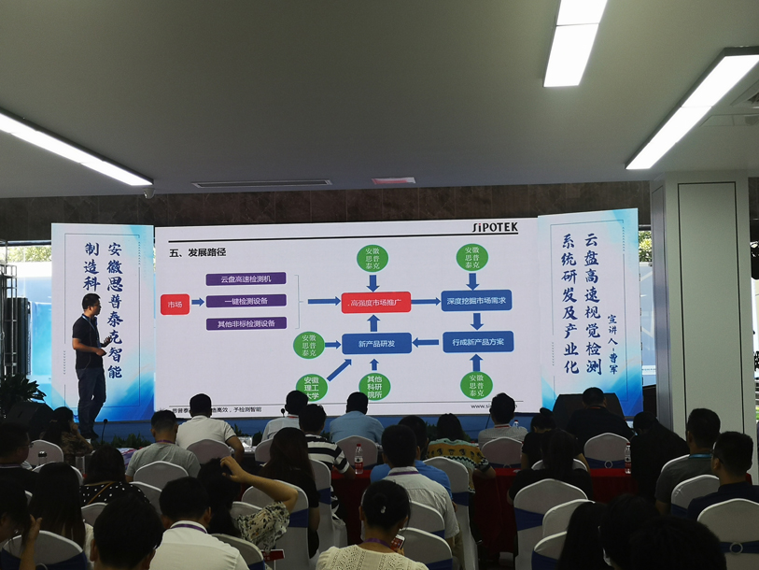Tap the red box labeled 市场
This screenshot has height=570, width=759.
tap(174, 304)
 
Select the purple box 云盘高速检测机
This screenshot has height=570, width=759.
tap(246, 278)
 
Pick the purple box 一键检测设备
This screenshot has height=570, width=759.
tap(246, 301)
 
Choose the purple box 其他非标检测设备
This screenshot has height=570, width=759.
tap(246, 323)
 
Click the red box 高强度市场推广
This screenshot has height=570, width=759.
tap(375, 302)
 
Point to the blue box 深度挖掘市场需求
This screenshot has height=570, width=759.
tap(476, 301)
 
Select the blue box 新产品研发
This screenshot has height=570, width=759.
tap(375, 343)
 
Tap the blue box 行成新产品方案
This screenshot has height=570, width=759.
tap(477, 342)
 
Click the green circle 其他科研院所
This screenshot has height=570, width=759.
tap(374, 386)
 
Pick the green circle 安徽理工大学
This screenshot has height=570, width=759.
tap(312, 385)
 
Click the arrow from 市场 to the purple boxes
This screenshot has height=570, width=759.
tap(197, 303)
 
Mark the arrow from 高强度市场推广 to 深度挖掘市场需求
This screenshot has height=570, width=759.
tap(426, 302)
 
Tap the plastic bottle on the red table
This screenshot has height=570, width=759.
tap(358, 458)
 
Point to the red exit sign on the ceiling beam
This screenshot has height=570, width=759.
tap(393, 180)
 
